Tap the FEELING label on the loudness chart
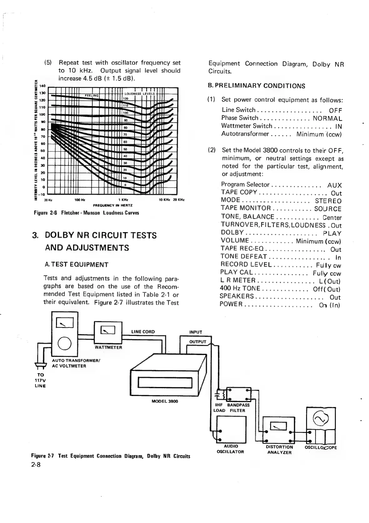coord(92,95)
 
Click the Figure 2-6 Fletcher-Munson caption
coord(86,213)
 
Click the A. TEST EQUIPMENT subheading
coord(77,265)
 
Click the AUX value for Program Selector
coord(334,185)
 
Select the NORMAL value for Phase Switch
coord(328,118)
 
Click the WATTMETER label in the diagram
coord(108,347)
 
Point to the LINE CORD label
coord(143,332)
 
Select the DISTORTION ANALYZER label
coord(279,449)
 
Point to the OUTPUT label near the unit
coord(197,342)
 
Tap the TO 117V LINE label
coord(40,380)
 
